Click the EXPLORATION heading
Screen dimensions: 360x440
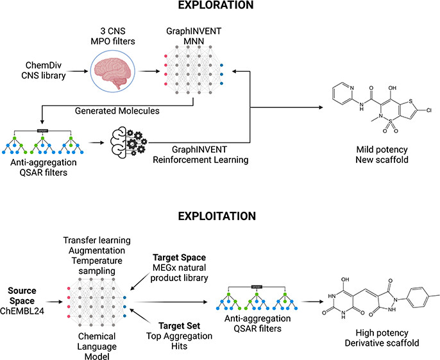coord(219,6)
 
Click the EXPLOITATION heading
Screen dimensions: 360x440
coord(220,216)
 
